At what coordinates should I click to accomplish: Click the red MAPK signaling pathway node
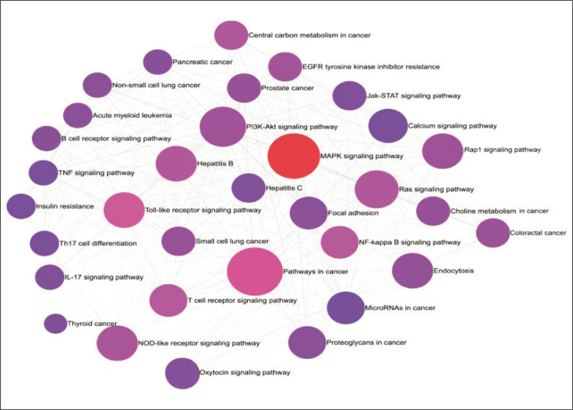294,156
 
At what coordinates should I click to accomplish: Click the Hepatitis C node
248,188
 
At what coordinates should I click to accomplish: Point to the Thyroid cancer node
55,323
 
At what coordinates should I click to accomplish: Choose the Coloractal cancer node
493,233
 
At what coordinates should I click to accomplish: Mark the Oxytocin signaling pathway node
182,372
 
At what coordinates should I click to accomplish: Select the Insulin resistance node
20,207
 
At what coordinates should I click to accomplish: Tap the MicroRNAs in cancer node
345,308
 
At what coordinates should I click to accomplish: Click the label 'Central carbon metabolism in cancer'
309,35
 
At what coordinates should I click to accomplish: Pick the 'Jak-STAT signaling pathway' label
413,96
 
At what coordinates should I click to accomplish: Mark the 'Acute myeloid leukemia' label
132,115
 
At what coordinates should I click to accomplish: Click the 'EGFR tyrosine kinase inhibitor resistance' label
371,67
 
